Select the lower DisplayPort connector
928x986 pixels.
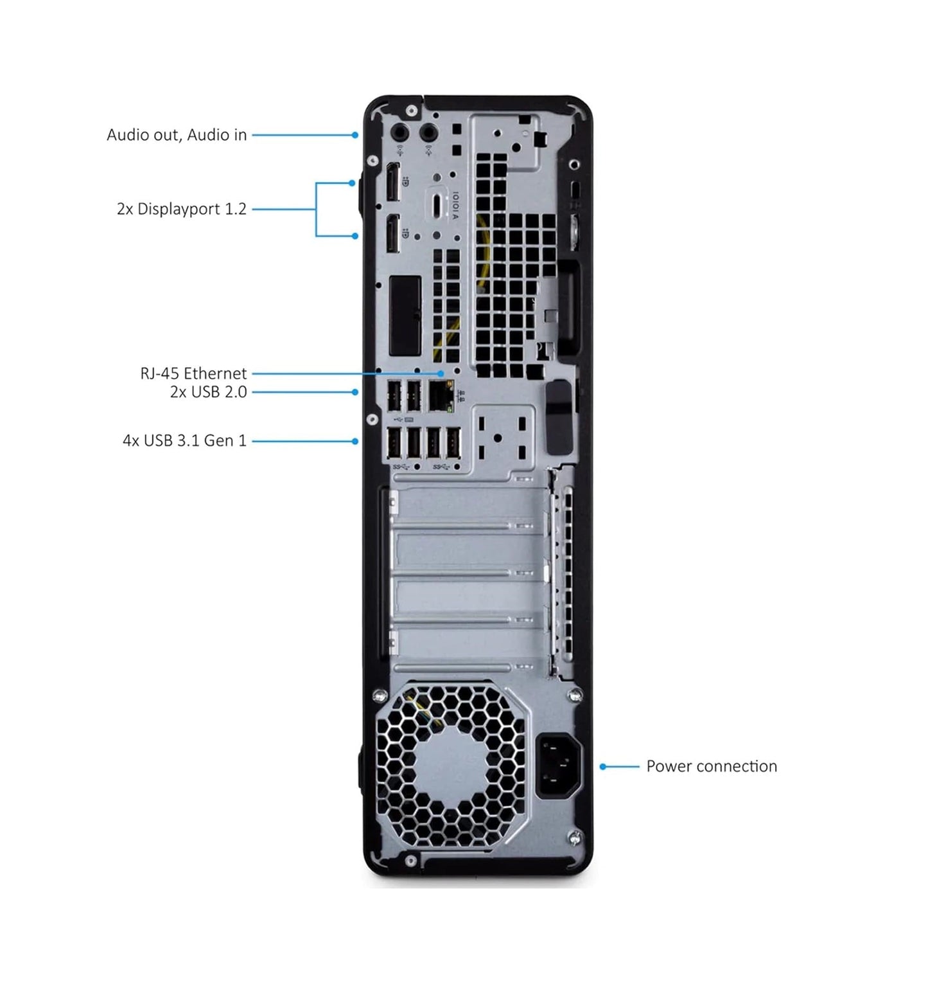[x=392, y=233]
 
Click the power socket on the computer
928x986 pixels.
[x=558, y=766]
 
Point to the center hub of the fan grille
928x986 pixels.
[x=450, y=764]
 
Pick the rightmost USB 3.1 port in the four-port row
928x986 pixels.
[x=453, y=444]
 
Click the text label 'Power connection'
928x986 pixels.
[x=711, y=766]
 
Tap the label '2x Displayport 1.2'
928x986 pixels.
[x=181, y=209]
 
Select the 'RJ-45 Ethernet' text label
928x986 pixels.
[x=193, y=373]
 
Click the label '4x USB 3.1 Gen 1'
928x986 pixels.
[x=184, y=441]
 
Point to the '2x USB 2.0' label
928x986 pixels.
[x=208, y=392]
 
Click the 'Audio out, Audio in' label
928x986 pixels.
[x=177, y=135]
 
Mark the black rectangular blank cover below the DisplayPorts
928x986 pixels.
[x=405, y=315]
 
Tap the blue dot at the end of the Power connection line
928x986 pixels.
[x=603, y=766]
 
